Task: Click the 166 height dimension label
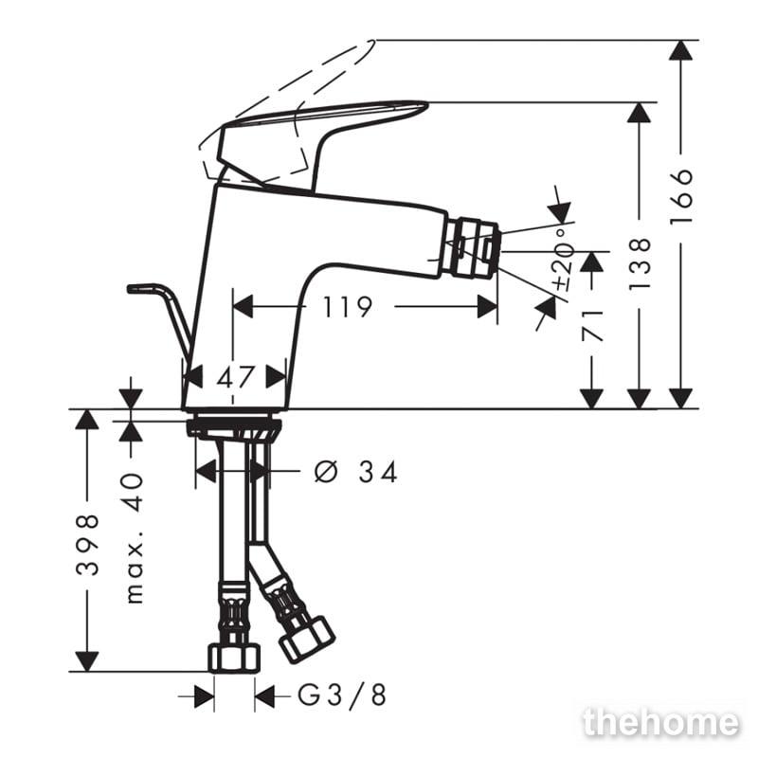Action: [x=681, y=195]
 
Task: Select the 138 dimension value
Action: [x=641, y=264]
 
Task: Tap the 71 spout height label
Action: [x=593, y=326]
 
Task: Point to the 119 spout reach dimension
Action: [x=347, y=307]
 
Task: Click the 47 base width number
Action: [x=235, y=377]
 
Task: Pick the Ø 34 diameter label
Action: [x=356, y=472]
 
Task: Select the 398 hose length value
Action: [x=87, y=544]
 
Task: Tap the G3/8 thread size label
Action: [x=342, y=695]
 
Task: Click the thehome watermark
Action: [x=661, y=722]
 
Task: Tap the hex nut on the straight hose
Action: [x=234, y=657]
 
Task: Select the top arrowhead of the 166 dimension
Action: [x=680, y=50]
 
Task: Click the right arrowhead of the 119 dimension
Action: [x=487, y=307]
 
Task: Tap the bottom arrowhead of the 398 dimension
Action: [x=87, y=661]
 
